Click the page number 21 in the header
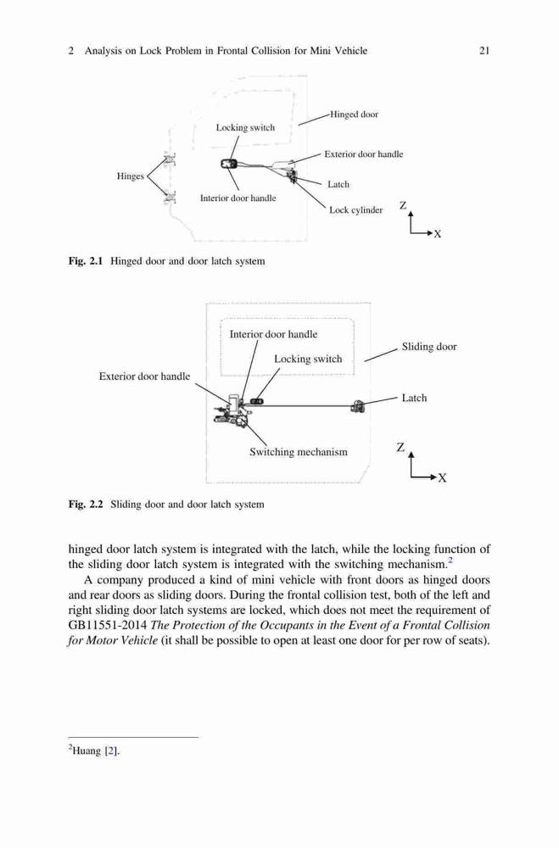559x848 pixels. pyautogui.click(x=484, y=51)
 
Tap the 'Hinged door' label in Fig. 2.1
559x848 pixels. pyautogui.click(x=355, y=114)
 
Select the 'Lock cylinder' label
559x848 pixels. pyautogui.click(x=355, y=209)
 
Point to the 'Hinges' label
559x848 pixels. pyautogui.click(x=131, y=176)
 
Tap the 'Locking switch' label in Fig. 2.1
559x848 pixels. pyautogui.click(x=245, y=128)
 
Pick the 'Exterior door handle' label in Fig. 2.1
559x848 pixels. pyautogui.click(x=364, y=154)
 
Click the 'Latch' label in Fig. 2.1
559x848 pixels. pyautogui.click(x=338, y=184)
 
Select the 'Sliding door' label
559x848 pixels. pyautogui.click(x=429, y=347)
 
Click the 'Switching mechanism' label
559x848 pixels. pyautogui.click(x=299, y=452)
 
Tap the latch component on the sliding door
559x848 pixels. pyautogui.click(x=358, y=405)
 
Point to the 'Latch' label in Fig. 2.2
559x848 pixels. pyautogui.click(x=414, y=398)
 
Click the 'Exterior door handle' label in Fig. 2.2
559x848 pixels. pyautogui.click(x=144, y=377)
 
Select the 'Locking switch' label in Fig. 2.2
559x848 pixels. pyautogui.click(x=308, y=359)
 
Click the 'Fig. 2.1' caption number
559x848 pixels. pyautogui.click(x=86, y=261)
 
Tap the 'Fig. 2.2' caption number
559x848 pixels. pyautogui.click(x=86, y=505)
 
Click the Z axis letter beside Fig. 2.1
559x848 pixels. pyautogui.click(x=403, y=205)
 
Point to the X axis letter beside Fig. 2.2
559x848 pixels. pyautogui.click(x=443, y=478)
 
